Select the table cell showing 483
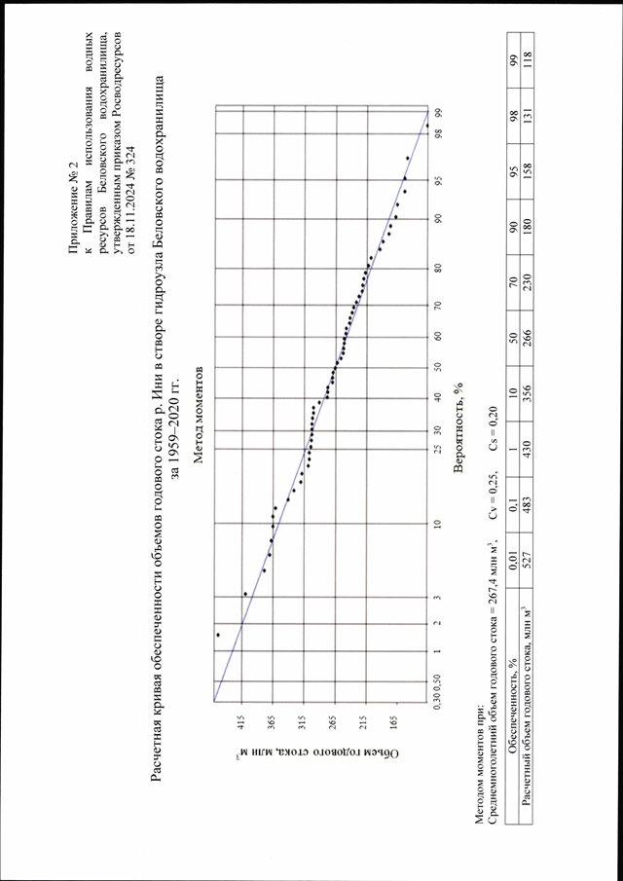(528, 499)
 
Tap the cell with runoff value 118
(528, 59)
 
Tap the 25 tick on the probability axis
(436, 449)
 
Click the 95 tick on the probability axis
(436, 181)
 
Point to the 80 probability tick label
(436, 269)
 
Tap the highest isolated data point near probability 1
(218, 635)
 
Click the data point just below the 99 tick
(427, 126)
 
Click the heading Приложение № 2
(74, 210)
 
